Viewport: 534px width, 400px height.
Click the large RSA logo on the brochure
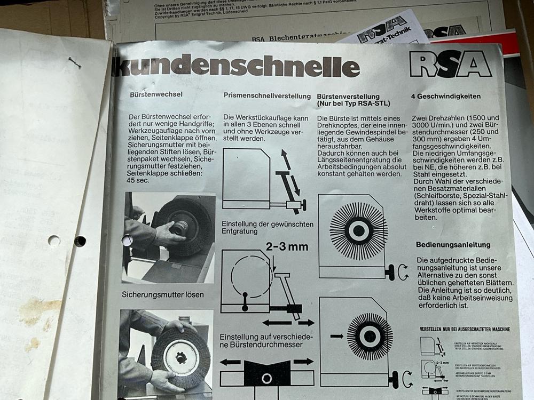pyautogui.click(x=450, y=65)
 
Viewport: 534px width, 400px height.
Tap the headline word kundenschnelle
pyautogui.click(x=235, y=67)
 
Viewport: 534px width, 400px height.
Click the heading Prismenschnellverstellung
pyautogui.click(x=267, y=96)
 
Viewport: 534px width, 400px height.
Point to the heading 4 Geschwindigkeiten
pyautogui.click(x=446, y=97)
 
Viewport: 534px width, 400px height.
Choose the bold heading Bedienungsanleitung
pyautogui.click(x=453, y=245)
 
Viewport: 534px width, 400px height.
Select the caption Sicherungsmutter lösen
pyautogui.click(x=162, y=294)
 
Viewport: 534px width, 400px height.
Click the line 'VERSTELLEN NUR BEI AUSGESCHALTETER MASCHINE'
pyautogui.click(x=465, y=329)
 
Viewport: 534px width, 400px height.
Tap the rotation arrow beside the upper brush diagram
pyautogui.click(x=403, y=272)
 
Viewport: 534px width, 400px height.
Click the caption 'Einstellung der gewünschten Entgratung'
pyautogui.click(x=266, y=228)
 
